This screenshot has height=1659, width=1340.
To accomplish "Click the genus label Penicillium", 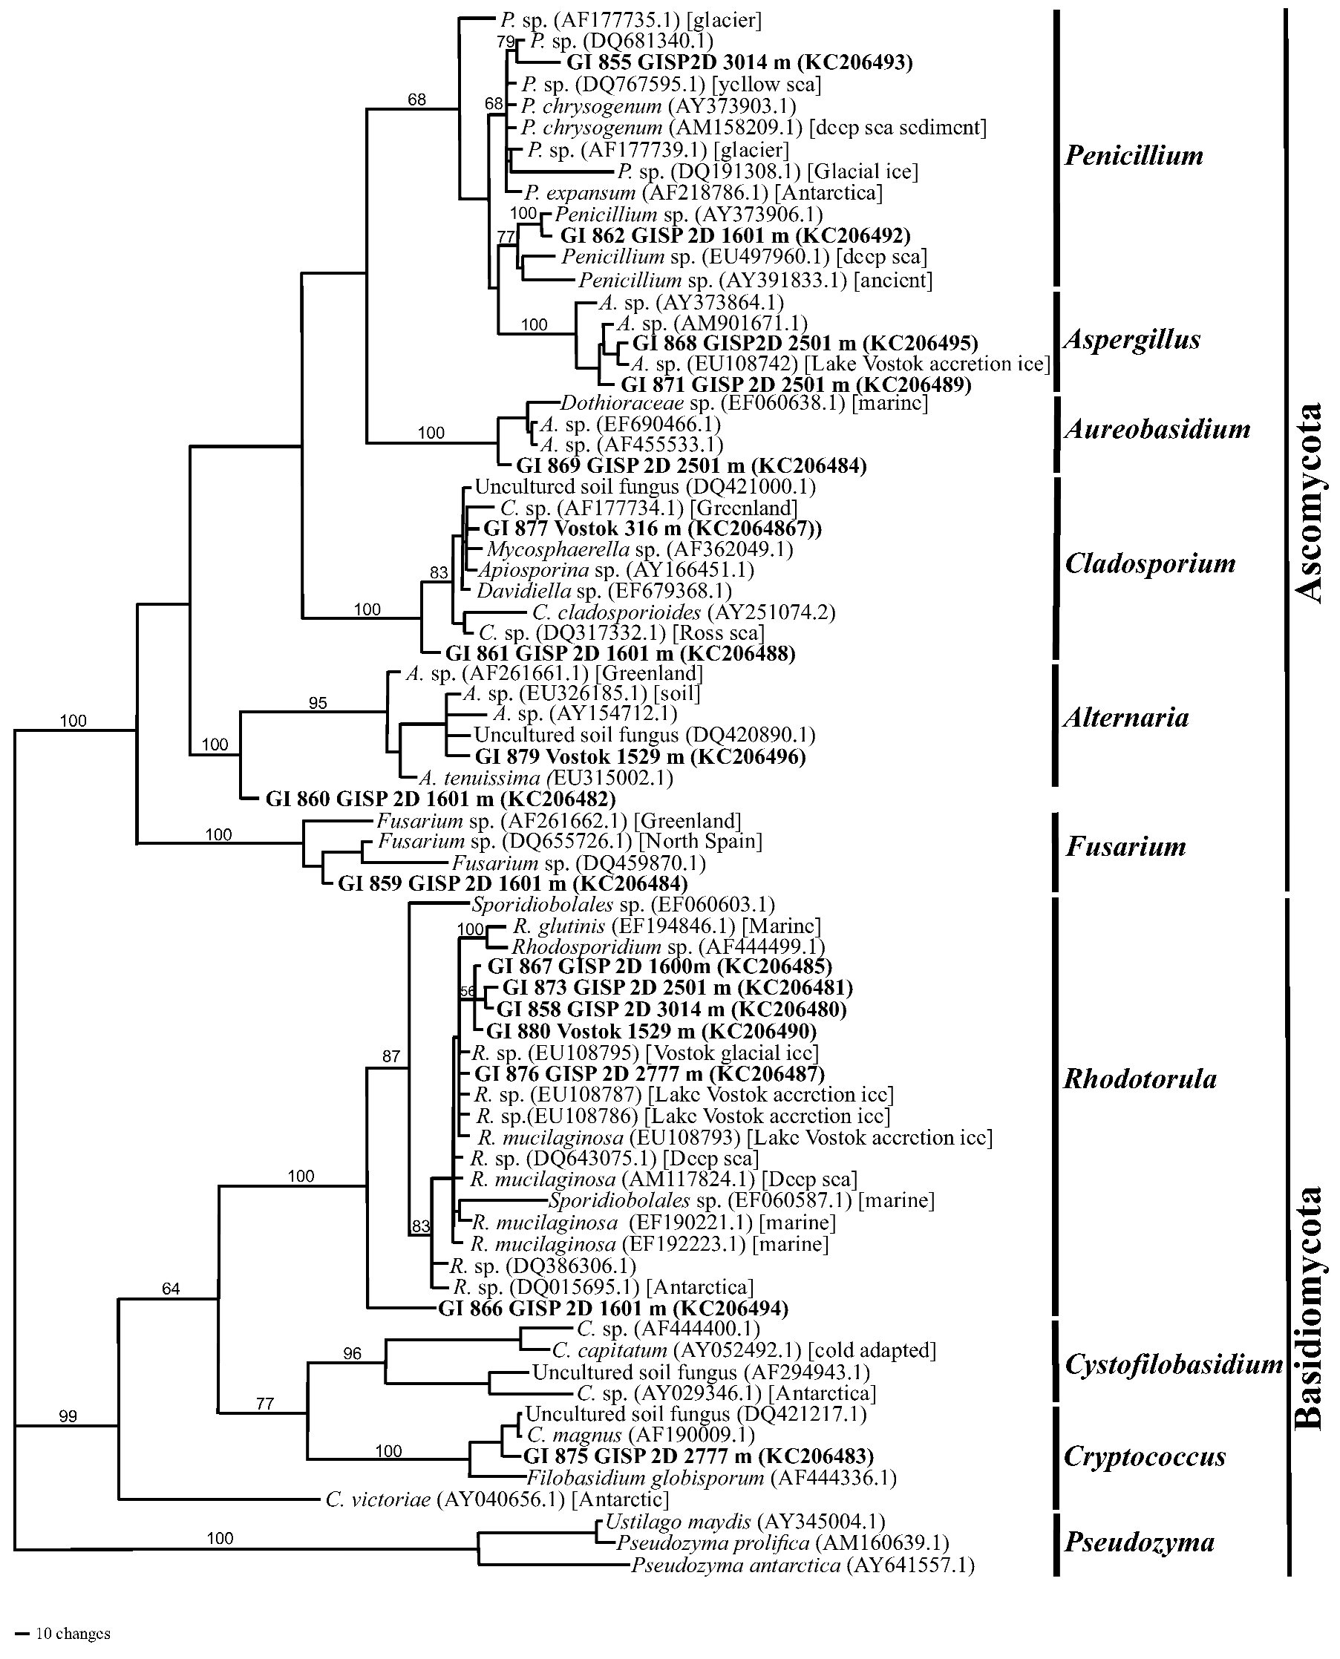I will tap(1133, 156).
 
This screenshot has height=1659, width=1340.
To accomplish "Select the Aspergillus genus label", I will tap(1131, 339).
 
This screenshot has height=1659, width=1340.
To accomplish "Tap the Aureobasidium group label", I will tap(1157, 429).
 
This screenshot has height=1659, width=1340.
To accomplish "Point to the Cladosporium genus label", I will tap(1149, 563).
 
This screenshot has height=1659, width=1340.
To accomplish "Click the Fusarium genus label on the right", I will tap(1125, 846).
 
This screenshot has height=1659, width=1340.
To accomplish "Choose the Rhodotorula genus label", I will tap(1140, 1079).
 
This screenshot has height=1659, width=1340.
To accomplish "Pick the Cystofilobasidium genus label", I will tap(1173, 1364).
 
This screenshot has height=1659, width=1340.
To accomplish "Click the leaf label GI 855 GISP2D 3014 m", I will tap(739, 62).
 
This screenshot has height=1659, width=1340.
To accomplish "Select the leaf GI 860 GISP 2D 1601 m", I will tap(440, 799).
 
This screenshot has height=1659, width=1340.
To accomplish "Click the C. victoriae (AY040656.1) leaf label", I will tap(497, 1500).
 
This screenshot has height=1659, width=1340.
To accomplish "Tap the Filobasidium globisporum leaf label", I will tap(711, 1479).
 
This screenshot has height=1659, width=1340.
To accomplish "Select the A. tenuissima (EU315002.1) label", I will tap(546, 778).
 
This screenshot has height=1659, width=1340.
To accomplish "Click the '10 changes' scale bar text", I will tap(73, 1634).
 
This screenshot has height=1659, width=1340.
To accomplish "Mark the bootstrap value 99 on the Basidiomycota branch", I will tap(68, 1416).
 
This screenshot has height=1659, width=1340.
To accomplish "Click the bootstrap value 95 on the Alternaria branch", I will tap(318, 703).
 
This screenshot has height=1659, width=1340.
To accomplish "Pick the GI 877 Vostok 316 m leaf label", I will tap(653, 529).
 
